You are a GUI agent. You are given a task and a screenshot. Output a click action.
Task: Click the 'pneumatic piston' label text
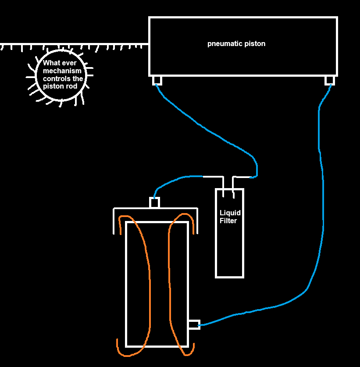coord(236,44)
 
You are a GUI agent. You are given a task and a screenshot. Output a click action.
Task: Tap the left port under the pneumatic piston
coord(157,80)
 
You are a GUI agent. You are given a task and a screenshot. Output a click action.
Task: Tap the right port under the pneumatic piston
coord(329,80)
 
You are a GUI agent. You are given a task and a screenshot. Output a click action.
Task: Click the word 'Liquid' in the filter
coord(230,213)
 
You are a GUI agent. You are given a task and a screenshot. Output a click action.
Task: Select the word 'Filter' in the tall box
coord(228,221)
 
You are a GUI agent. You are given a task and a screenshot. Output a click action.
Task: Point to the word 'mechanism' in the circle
coord(62,71)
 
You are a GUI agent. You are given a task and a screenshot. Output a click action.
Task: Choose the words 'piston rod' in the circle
coord(60,86)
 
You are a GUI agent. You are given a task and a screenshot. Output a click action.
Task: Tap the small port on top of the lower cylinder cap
coord(155,203)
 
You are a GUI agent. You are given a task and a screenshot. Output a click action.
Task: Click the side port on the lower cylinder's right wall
coord(194,325)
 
